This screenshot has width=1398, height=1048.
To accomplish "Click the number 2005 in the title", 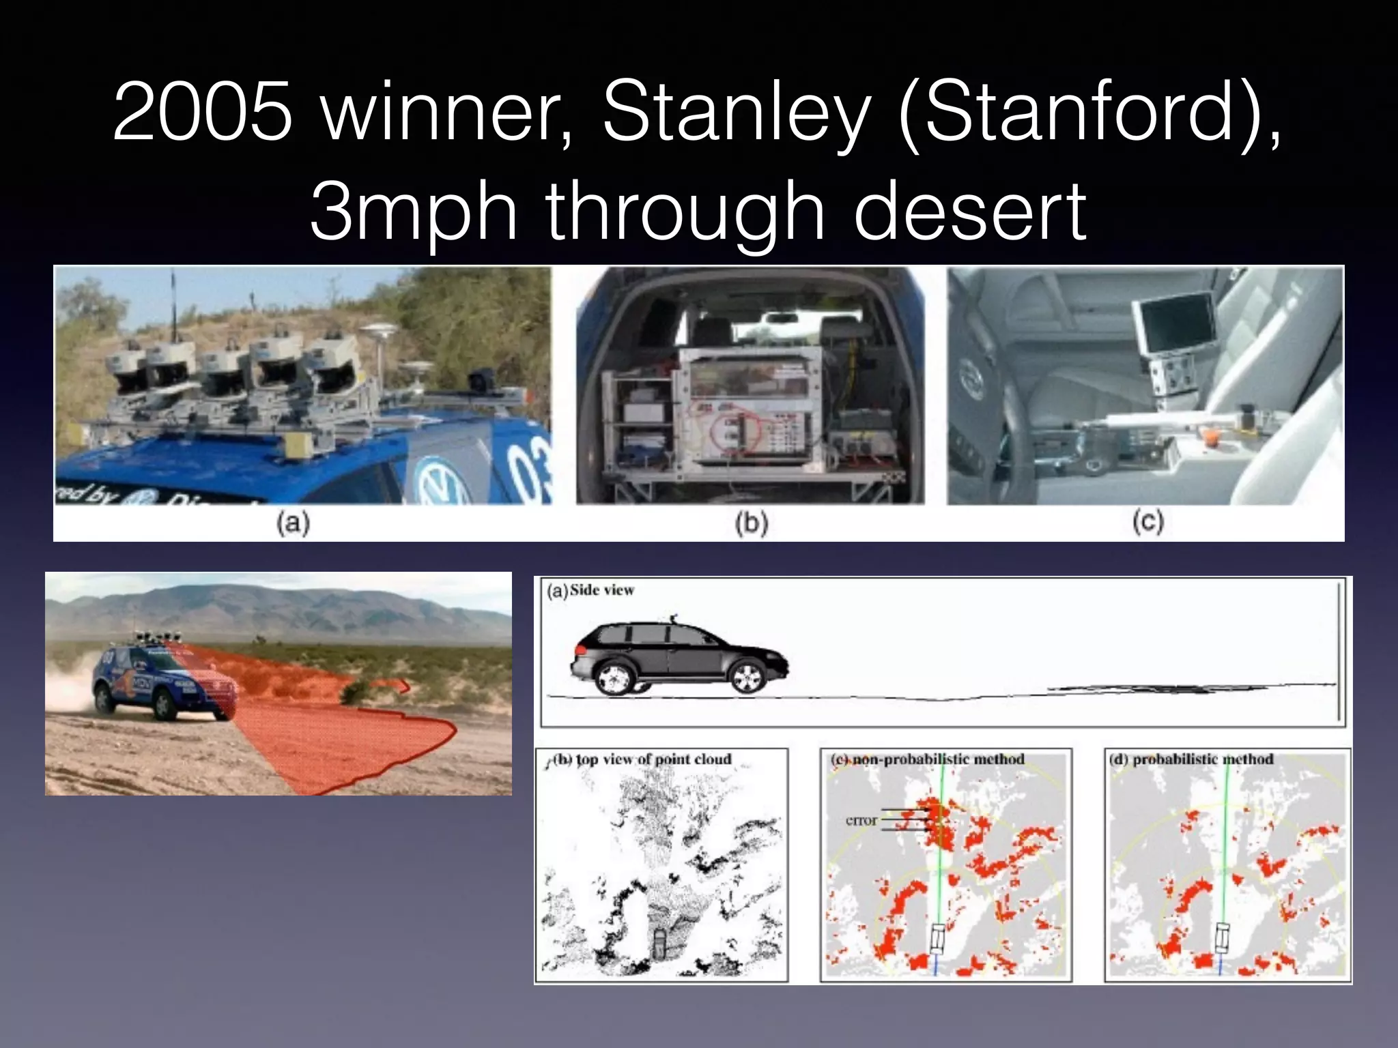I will point(203,111).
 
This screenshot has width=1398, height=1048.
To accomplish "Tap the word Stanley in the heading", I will point(736,111).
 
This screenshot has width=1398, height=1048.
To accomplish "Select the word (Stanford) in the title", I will point(1089,111).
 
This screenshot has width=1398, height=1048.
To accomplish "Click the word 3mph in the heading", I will point(413,211).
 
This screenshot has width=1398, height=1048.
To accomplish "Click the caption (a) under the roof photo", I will point(293,523).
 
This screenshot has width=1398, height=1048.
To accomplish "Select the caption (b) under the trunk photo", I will point(751,523).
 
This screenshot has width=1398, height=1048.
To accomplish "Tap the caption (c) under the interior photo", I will point(1147,522).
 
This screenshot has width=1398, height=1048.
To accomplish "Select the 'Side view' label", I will point(601,590).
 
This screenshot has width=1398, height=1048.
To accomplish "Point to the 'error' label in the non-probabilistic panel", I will point(861,820).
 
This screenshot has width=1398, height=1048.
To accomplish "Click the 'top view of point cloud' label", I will point(653,759).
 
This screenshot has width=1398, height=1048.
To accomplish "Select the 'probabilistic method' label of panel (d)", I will point(1203,759).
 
